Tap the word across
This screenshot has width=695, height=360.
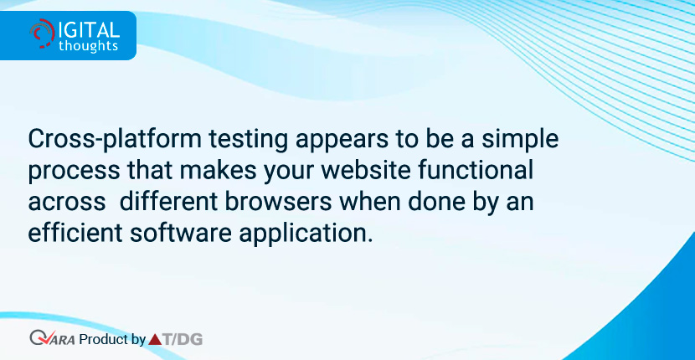coord(66,203)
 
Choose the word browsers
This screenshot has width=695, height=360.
coord(278,202)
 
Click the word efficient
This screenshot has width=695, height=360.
coord(75,233)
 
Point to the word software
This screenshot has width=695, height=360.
coord(180,233)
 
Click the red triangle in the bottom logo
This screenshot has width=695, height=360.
coord(155,340)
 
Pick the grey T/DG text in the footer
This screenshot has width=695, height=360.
coord(183,340)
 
